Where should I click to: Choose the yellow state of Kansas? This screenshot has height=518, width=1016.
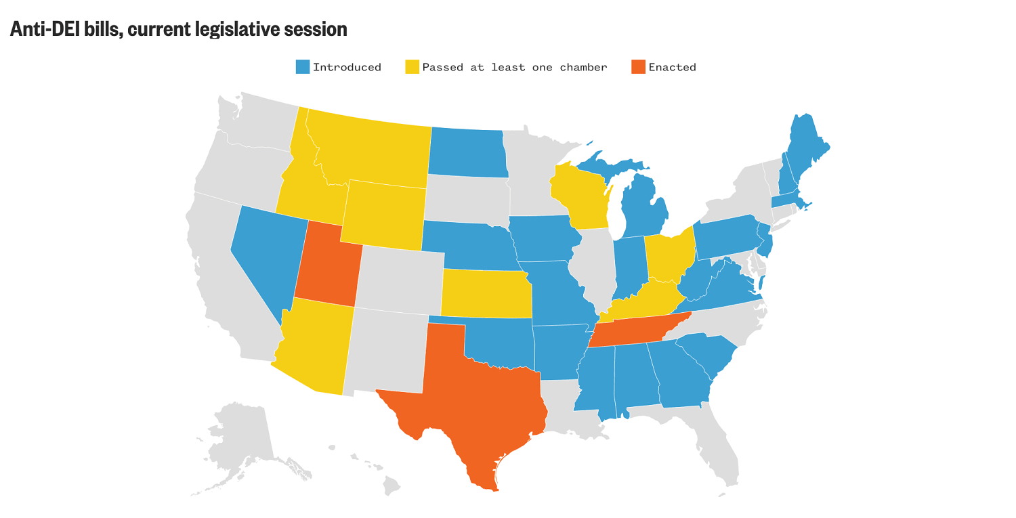484,293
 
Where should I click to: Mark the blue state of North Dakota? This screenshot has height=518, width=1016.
467,152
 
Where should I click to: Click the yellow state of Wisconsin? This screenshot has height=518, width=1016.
581,196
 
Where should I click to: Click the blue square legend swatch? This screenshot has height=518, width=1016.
302,67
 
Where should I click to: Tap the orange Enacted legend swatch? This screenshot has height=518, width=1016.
638,67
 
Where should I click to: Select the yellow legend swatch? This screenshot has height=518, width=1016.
412,67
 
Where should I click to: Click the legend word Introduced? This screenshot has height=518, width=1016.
347,67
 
